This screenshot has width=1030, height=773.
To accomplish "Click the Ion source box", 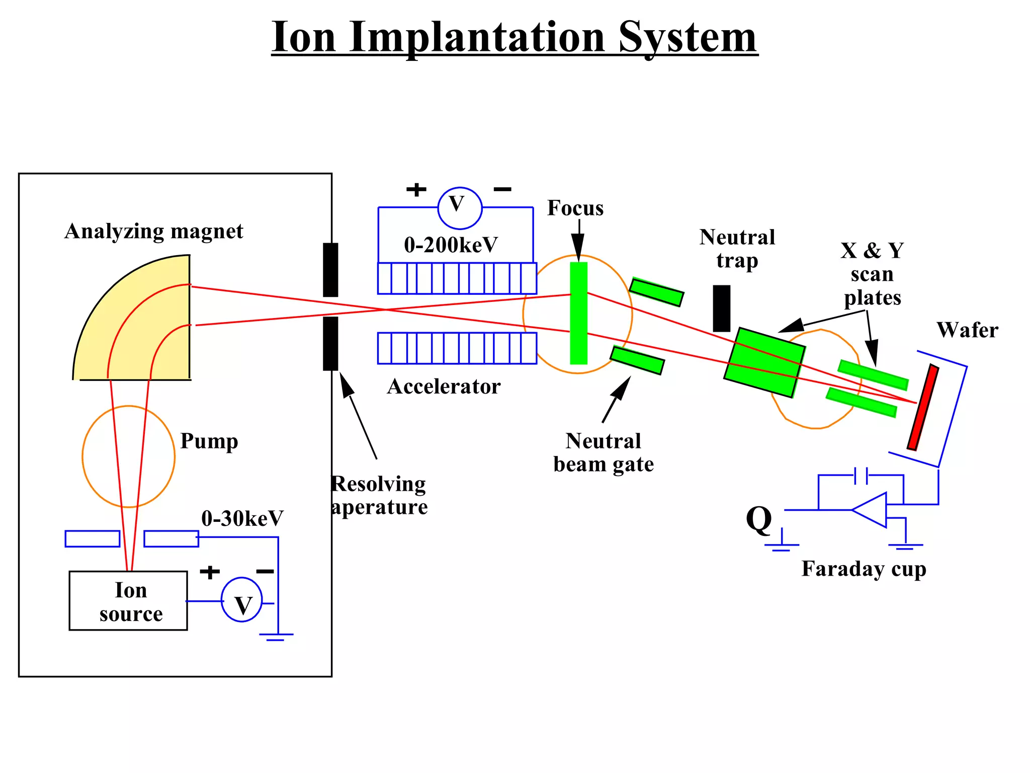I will click(128, 600).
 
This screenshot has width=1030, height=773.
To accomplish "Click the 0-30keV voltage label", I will click(242, 518).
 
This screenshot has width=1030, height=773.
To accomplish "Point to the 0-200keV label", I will click(451, 245).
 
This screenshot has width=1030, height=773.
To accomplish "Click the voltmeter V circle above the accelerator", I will click(460, 207).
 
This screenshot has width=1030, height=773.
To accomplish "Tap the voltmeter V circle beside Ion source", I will click(242, 600).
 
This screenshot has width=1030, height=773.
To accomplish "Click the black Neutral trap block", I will click(722, 308).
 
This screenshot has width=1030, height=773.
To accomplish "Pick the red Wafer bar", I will click(923, 407).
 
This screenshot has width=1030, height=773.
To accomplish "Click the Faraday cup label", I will click(864, 569).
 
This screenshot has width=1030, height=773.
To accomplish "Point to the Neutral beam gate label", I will click(604, 452).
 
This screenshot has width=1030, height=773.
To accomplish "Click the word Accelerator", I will click(444, 386).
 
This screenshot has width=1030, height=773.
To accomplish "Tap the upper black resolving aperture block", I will click(330, 270).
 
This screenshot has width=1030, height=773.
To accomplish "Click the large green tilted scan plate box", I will click(764, 362).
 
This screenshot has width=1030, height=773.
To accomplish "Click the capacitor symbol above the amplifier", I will click(861, 475).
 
